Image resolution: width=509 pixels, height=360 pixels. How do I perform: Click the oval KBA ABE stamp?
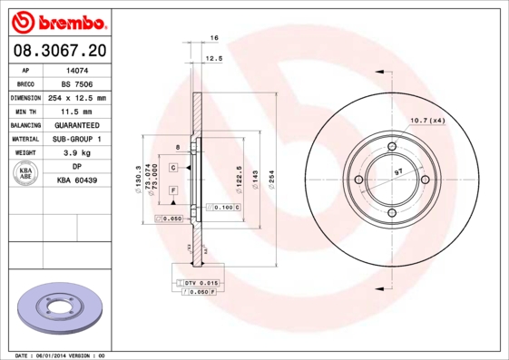[x=27, y=175]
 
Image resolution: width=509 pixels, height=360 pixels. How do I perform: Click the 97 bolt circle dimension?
[x=399, y=170]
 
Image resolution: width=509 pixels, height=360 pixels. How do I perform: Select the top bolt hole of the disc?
[x=393, y=146]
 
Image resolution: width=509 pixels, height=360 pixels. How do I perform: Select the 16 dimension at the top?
[x=215, y=37]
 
